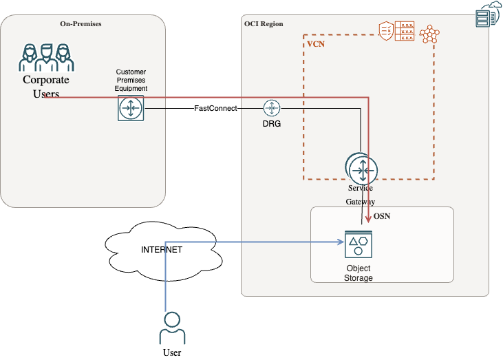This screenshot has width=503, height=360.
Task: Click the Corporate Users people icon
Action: click(x=46, y=58)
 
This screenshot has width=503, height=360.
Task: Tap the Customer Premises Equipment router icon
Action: click(x=131, y=109)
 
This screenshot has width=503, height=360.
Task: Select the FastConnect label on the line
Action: click(x=215, y=109)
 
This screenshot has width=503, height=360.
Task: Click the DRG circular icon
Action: click(x=272, y=108)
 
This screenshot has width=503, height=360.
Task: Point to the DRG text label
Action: click(x=272, y=124)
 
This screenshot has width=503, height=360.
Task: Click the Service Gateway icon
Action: click(x=361, y=167)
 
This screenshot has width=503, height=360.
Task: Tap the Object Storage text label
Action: click(x=358, y=273)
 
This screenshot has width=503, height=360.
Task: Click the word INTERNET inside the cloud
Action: click(x=162, y=250)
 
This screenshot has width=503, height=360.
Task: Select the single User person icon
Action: click(x=172, y=328)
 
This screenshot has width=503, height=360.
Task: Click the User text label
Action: click(x=172, y=352)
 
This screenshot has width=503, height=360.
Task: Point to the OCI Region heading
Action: click(x=264, y=24)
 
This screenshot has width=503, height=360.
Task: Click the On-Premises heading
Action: click(x=81, y=24)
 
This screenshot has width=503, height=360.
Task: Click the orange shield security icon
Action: click(x=386, y=30)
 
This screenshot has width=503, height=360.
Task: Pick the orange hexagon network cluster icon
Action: click(x=431, y=34)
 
